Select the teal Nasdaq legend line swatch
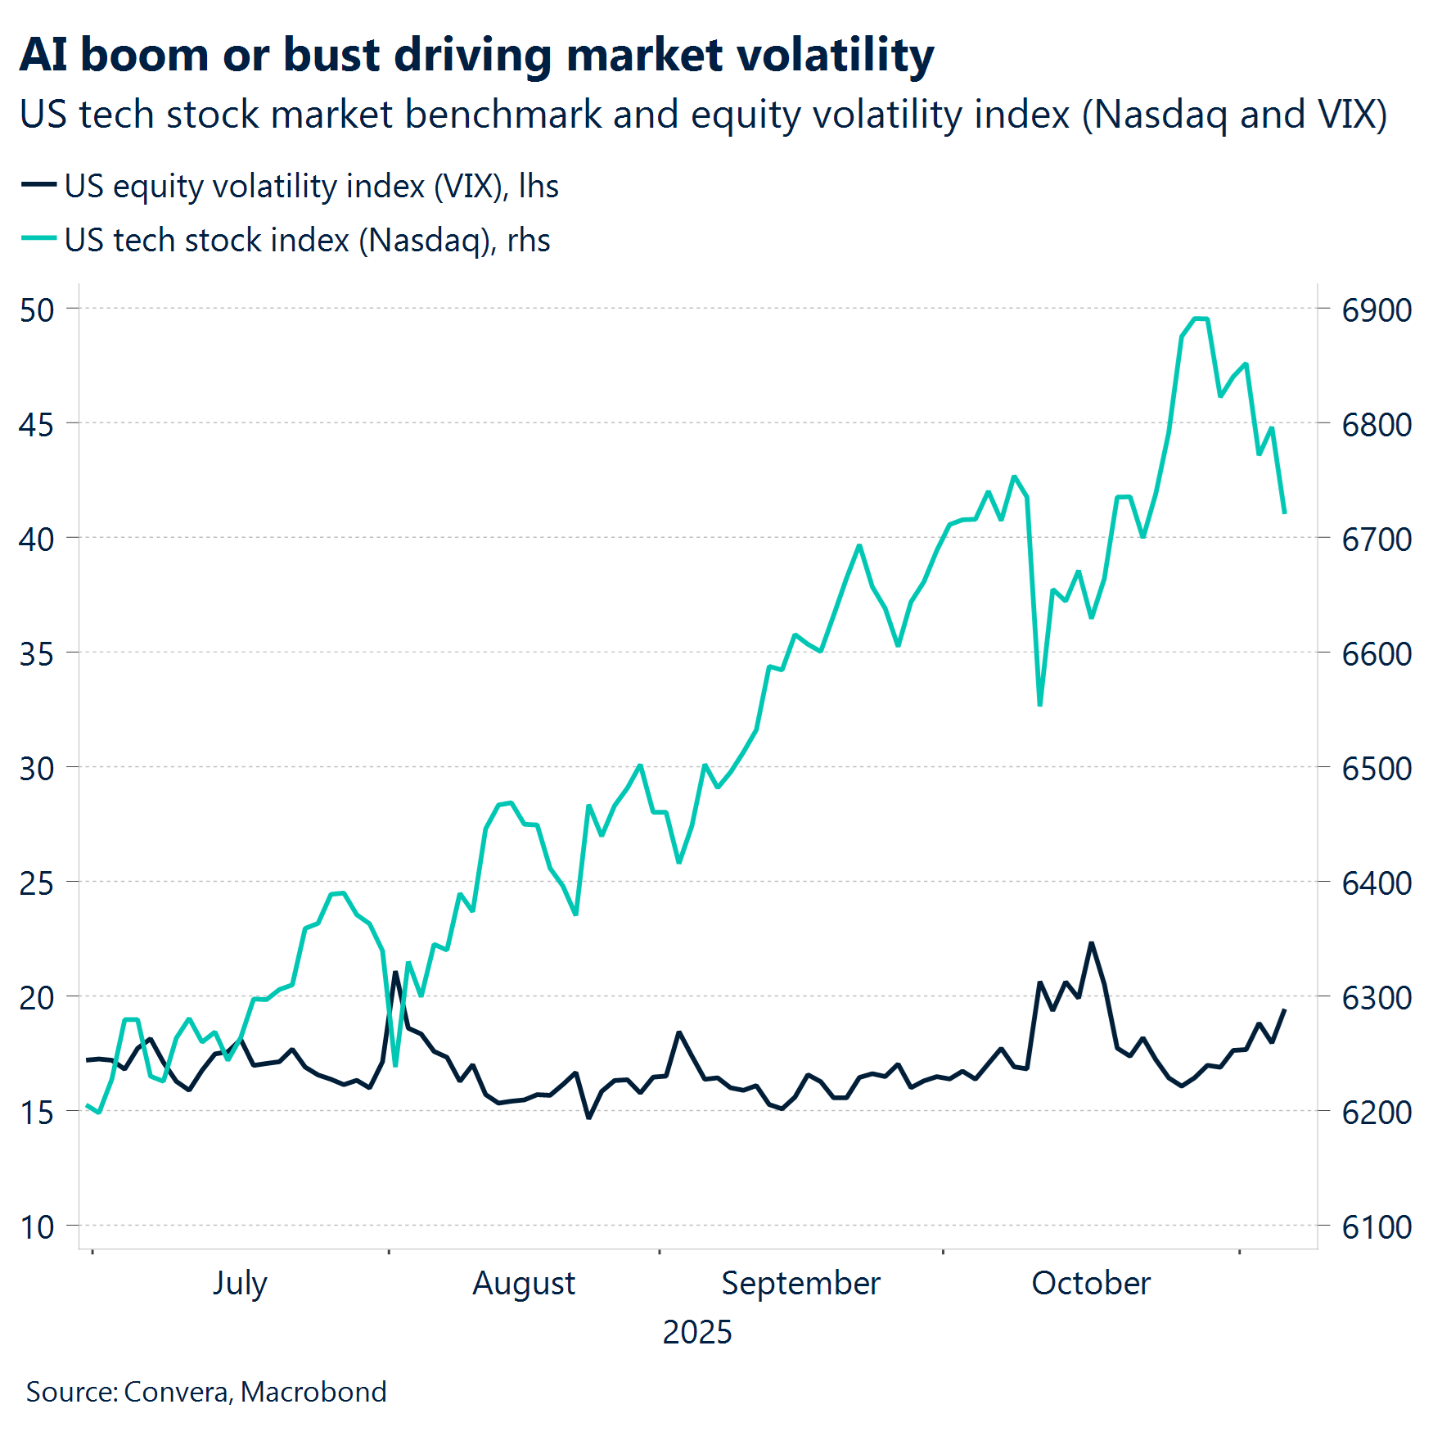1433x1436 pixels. pos(38,239)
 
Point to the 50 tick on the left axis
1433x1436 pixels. pos(37,310)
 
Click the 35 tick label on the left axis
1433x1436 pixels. pos(37,654)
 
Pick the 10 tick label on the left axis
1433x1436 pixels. pos(37,1227)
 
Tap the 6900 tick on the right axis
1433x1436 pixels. pos(1377,310)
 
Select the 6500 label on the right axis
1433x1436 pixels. pos(1377,769)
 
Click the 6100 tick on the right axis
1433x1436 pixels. pos(1377,1227)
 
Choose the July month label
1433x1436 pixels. pos(240,1283)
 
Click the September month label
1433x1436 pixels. pos(800,1283)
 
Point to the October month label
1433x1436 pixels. pos(1091,1283)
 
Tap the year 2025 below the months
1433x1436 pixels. pos(696,1332)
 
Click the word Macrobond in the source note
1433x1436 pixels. pos(313,1392)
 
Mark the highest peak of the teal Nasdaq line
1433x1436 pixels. pos(1201,318)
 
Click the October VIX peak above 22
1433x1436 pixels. pos(1091,944)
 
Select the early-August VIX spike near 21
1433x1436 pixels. pos(395,973)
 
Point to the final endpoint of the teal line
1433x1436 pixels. pos(1285,513)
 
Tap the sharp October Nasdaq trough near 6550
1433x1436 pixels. pos(1039,704)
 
